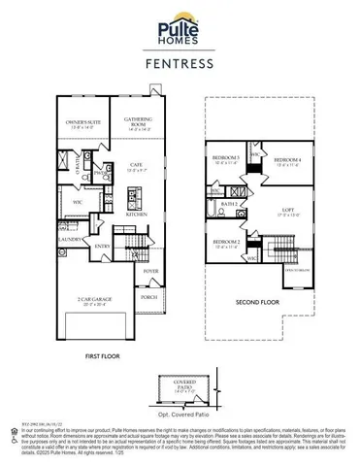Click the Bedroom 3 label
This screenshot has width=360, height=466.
click(227, 160)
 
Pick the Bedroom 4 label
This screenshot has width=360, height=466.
click(288, 160)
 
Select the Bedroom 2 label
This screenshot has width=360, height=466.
click(226, 243)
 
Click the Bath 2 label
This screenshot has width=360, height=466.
click(230, 205)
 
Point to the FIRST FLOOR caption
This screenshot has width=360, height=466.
click(101, 357)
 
